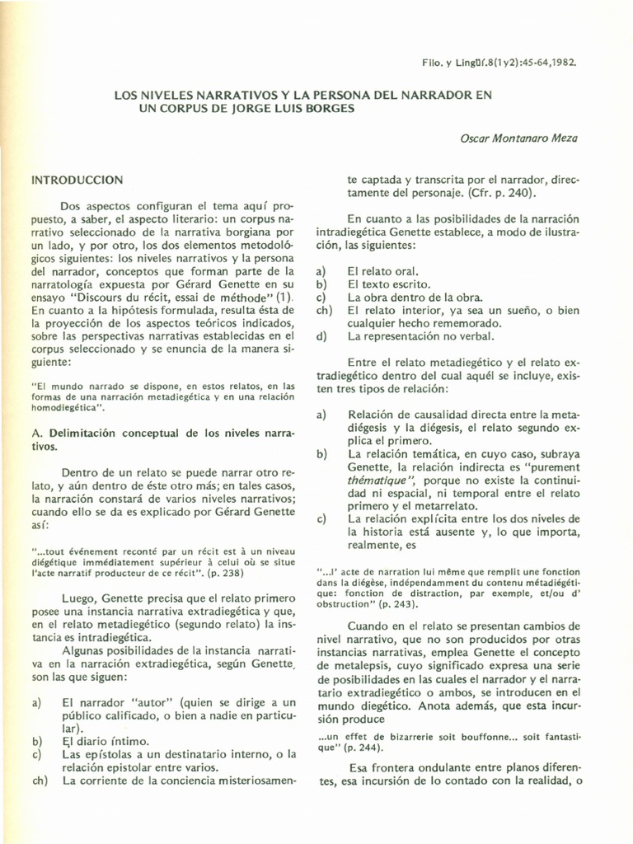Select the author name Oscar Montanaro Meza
tap(518, 138)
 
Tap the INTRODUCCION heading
tap(77, 180)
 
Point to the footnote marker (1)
tap(284, 297)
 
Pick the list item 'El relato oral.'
tap(382, 270)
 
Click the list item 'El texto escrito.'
tap(387, 284)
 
